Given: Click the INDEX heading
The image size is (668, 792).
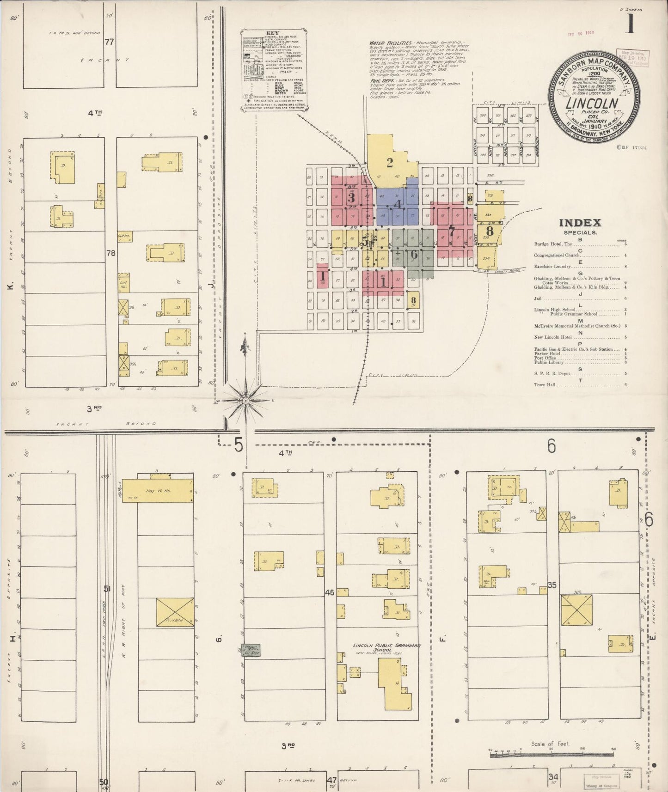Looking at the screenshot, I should pyautogui.click(x=580, y=223).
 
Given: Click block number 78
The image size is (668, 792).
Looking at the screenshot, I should pyautogui.click(x=110, y=253).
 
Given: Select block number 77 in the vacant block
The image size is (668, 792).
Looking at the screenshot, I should pyautogui.click(x=109, y=42).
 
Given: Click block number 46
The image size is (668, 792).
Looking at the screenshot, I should pyautogui.click(x=330, y=592).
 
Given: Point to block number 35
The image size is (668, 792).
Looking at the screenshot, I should pyautogui.click(x=552, y=585).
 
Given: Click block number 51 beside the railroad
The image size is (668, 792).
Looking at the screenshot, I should pyautogui.click(x=107, y=589).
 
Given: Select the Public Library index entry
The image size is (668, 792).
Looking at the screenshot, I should pyautogui.click(x=546, y=362).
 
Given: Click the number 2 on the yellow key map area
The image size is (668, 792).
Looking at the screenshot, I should pyautogui.click(x=390, y=163).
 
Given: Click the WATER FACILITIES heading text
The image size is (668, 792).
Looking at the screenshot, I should pyautogui.click(x=390, y=43).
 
